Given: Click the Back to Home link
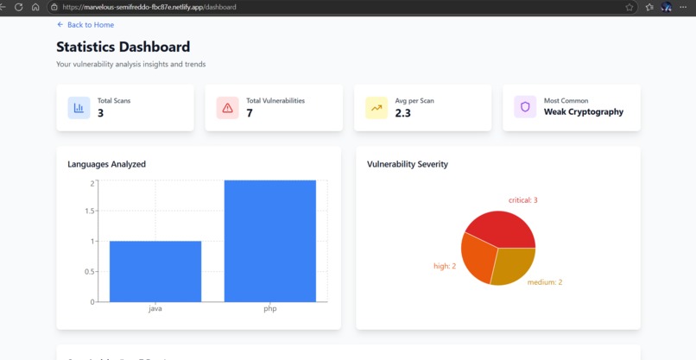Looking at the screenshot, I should (x=85, y=25).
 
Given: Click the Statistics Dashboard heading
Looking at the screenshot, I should (x=123, y=47).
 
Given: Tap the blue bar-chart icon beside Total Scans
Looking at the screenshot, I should (x=79, y=108).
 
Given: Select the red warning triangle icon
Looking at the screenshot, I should (x=227, y=108).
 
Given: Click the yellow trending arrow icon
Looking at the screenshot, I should (x=376, y=108).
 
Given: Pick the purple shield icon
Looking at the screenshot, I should (x=525, y=108).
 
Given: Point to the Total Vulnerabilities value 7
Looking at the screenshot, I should (x=250, y=113).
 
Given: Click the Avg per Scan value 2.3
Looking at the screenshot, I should (x=403, y=113).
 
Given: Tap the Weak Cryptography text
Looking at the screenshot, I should (x=583, y=112).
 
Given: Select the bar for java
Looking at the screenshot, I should (x=155, y=271).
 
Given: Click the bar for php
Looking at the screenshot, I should (x=269, y=241).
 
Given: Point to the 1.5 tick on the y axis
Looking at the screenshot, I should (x=90, y=211).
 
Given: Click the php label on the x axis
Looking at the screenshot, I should (x=269, y=308).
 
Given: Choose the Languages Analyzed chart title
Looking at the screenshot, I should (x=106, y=164).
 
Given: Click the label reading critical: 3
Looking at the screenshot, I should (x=522, y=200).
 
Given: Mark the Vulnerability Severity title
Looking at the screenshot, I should (x=407, y=164).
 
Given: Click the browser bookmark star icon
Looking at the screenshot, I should (x=630, y=7).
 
